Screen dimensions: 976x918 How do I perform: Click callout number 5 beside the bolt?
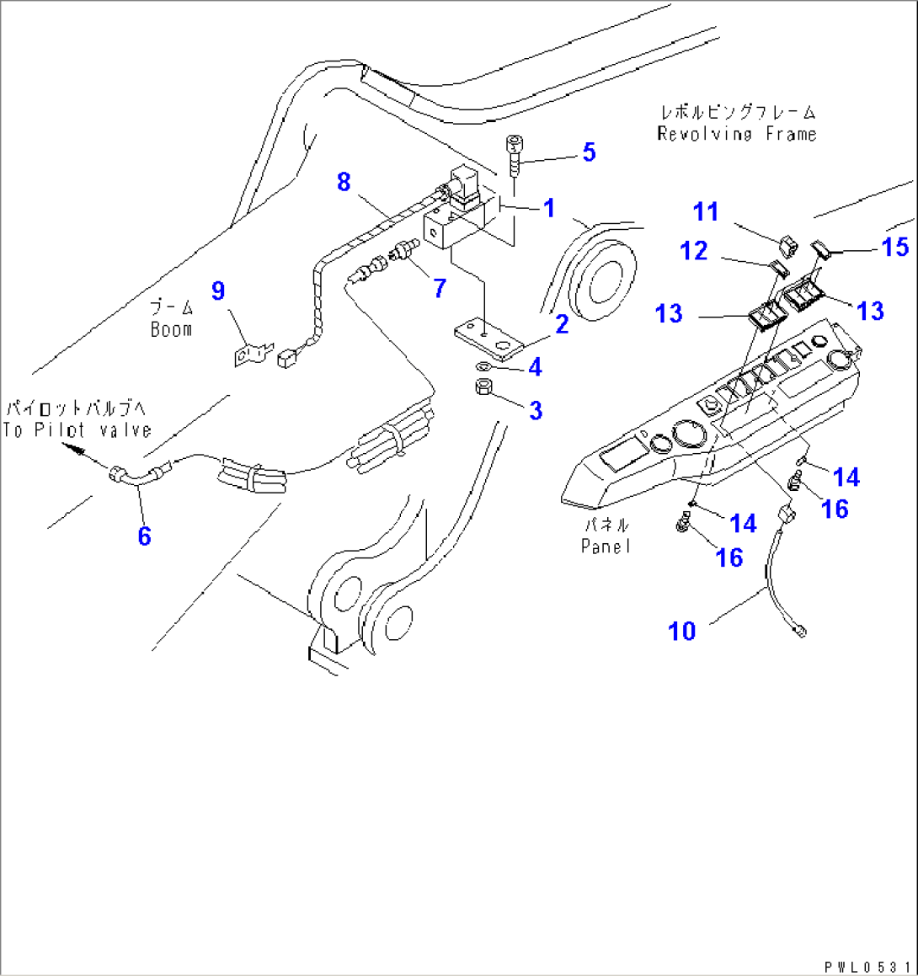point(589,152)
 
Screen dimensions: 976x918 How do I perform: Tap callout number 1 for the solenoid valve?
point(549,208)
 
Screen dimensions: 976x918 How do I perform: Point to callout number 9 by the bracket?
point(218,291)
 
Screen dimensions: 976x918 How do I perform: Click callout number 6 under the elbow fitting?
point(144,535)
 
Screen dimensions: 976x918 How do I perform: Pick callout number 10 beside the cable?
point(682,631)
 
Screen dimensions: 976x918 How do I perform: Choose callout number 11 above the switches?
point(706,211)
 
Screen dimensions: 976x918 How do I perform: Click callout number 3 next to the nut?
point(536,410)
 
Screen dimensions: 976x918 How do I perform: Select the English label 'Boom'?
point(172,330)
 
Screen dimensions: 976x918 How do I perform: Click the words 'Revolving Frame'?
point(737,134)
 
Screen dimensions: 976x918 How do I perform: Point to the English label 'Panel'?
point(605,547)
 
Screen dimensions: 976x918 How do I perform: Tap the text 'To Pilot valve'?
point(77,430)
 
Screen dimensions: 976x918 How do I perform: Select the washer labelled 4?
point(484,367)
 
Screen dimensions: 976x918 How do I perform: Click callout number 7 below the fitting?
point(440,288)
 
